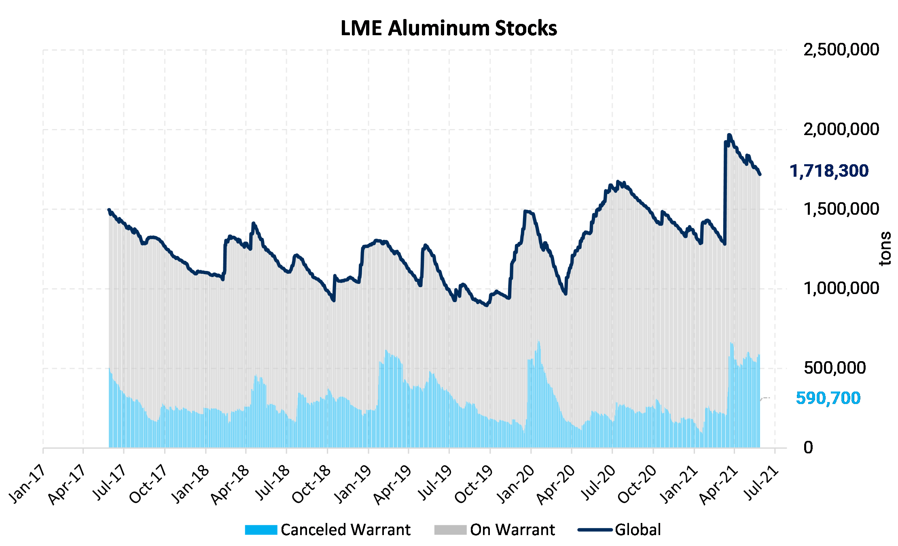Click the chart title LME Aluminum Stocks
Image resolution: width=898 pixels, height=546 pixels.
[x=449, y=28]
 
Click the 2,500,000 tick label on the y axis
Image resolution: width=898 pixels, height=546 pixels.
[x=841, y=50]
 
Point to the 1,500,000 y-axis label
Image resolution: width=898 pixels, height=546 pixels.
[x=841, y=209]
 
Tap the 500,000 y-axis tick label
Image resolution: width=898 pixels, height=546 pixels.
[x=834, y=368]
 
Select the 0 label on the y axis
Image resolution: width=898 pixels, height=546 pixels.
[x=808, y=448]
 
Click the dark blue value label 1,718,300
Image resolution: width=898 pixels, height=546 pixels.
[x=829, y=171]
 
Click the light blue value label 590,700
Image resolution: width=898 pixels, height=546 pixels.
[x=828, y=398]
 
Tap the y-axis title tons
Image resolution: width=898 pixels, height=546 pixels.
[x=885, y=248]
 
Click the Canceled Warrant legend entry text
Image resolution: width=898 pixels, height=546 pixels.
[x=345, y=530]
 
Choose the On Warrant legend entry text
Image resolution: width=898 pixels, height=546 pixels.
[x=512, y=530]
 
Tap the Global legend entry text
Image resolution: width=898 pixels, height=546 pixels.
[x=637, y=530]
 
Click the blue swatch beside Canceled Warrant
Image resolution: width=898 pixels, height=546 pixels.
[x=261, y=530]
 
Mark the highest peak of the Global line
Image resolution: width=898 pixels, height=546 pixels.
[x=729, y=135]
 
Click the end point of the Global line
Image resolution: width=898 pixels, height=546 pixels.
[x=760, y=174]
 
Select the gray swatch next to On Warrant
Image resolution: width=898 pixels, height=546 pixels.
[x=450, y=530]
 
